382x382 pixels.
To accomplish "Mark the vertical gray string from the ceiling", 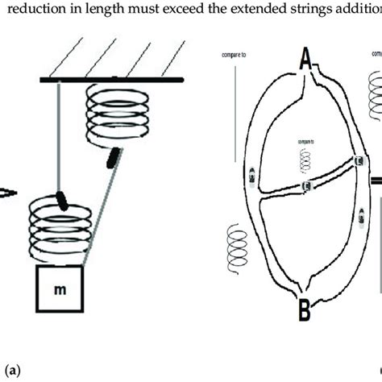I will coord(56,137).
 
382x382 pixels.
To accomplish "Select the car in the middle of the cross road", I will coord(307,188).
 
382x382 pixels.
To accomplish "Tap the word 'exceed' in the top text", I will coord(195,10).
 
